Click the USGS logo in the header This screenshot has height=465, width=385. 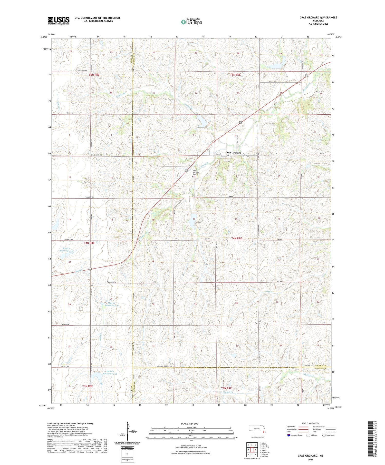(x=59, y=21)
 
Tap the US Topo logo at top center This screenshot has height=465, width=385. (x=191, y=22)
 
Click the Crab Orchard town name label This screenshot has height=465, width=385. (x=233, y=153)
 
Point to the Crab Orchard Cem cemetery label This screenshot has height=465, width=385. (x=196, y=172)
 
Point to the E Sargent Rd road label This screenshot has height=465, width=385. (x=111, y=282)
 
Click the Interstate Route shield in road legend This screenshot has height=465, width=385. (x=289, y=435)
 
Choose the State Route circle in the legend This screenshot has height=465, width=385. (x=324, y=435)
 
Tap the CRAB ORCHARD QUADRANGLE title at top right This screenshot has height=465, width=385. (x=318, y=17)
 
